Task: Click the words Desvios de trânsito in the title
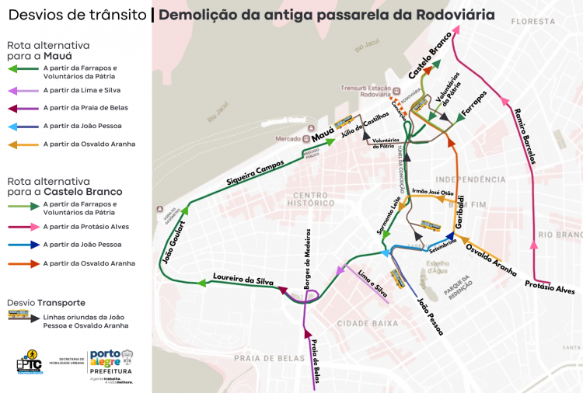tap(75, 14)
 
